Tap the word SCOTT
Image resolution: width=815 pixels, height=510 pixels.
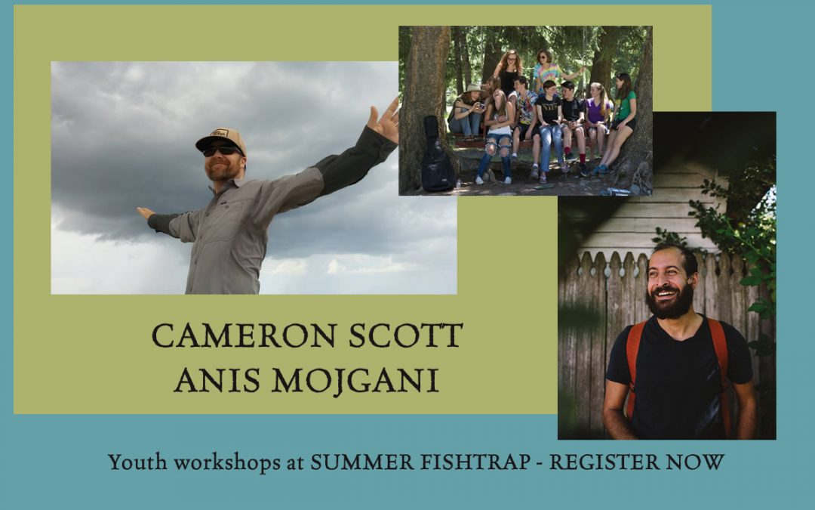pyautogui.click(x=405, y=335)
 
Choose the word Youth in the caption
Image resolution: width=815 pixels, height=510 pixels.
pyautogui.click(x=138, y=462)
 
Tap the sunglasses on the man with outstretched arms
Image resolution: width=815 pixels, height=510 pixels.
pyautogui.click(x=221, y=151)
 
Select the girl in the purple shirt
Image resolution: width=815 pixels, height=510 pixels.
pyautogui.click(x=597, y=118)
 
